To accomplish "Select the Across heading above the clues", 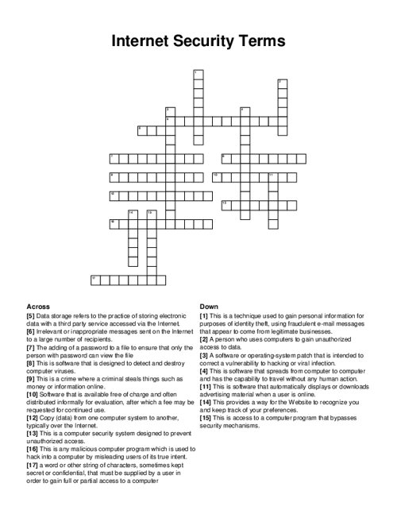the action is tap(39, 306).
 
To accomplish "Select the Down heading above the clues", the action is tap(209, 306).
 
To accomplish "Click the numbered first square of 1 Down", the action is tap(196, 73).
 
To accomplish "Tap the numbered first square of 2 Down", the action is tap(281, 83).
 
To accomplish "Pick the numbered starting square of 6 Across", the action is tap(141, 129).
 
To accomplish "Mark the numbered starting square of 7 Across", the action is tap(113, 157).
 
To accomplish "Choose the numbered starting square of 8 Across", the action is tap(225, 157).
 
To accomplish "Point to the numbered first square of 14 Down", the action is tap(132, 214).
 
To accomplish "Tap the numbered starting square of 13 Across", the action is tap(225, 204).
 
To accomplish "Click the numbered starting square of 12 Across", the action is tap(113, 195).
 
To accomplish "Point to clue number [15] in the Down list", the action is tap(206, 417).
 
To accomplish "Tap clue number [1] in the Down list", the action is tap(204, 316).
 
